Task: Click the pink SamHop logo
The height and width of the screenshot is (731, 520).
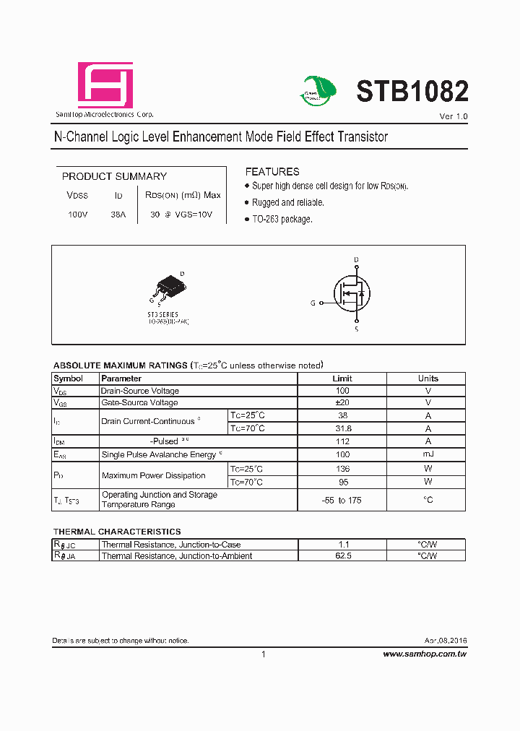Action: [105, 85]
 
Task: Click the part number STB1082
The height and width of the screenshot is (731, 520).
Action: [412, 92]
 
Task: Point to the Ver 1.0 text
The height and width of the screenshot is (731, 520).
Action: [454, 116]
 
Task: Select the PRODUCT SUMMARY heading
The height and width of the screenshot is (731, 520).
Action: [114, 176]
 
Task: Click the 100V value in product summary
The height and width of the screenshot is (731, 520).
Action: [77, 215]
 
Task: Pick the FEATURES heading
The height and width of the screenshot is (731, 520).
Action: [272, 172]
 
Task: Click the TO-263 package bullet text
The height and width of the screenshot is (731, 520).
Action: [282, 219]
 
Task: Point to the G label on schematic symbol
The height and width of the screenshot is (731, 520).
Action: [313, 303]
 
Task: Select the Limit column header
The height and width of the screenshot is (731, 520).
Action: [342, 379]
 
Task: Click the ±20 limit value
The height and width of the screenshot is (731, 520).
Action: [342, 402]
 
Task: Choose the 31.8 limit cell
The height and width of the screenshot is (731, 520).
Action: [342, 428]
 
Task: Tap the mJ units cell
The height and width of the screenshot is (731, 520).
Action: [428, 454]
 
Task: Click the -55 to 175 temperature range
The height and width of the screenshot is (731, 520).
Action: [342, 500]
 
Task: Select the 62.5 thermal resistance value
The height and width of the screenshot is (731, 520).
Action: [342, 556]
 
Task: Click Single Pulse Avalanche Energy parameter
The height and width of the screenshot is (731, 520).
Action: [159, 454]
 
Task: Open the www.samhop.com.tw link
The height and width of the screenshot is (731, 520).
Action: [424, 654]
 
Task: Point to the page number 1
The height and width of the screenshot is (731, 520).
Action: [263, 654]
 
